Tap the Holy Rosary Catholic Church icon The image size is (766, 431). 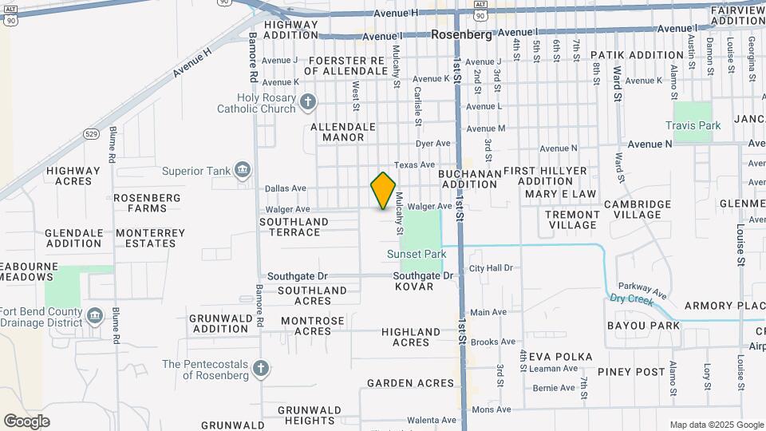(308, 101)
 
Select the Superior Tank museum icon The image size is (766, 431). (243, 170)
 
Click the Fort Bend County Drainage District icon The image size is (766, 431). (95, 316)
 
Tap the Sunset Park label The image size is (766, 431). (416, 254)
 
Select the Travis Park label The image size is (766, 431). (693, 125)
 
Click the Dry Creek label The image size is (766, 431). (631, 298)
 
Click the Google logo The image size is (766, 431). (26, 421)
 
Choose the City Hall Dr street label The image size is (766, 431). (491, 268)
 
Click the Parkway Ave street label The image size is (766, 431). (647, 288)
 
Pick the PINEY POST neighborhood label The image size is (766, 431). (637, 372)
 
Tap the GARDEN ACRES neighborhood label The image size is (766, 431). (410, 383)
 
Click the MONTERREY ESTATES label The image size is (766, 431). (150, 238)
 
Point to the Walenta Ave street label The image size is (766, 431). (432, 420)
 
